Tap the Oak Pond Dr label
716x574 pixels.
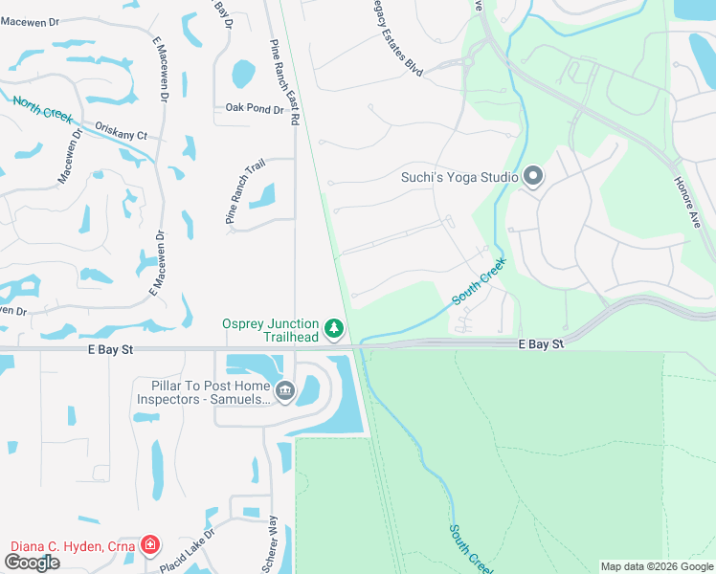click(255, 109)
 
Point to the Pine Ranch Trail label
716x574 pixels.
click(244, 192)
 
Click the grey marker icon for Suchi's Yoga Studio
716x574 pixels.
click(533, 176)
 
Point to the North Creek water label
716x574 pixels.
click(42, 108)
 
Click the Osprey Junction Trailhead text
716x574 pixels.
click(271, 330)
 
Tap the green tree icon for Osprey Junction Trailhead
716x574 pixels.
click(333, 329)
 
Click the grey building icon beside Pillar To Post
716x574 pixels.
click(285, 390)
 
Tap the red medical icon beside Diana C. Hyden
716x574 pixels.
click(149, 545)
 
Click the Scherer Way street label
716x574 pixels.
click(272, 542)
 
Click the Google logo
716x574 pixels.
click(32, 563)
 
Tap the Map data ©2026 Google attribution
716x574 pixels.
click(657, 566)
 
